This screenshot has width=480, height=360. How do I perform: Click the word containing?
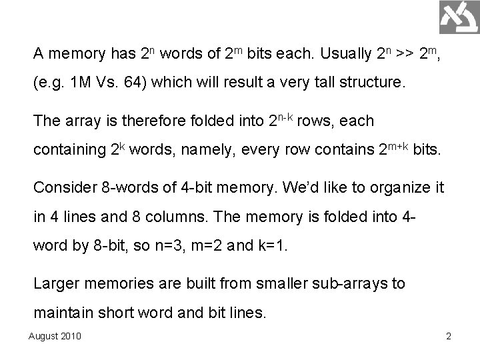coord(68,152)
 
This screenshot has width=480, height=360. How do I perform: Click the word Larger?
coord(55,283)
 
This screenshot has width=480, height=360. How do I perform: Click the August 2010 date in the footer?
coord(55,335)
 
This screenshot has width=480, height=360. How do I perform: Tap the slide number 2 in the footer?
coord(448,335)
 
